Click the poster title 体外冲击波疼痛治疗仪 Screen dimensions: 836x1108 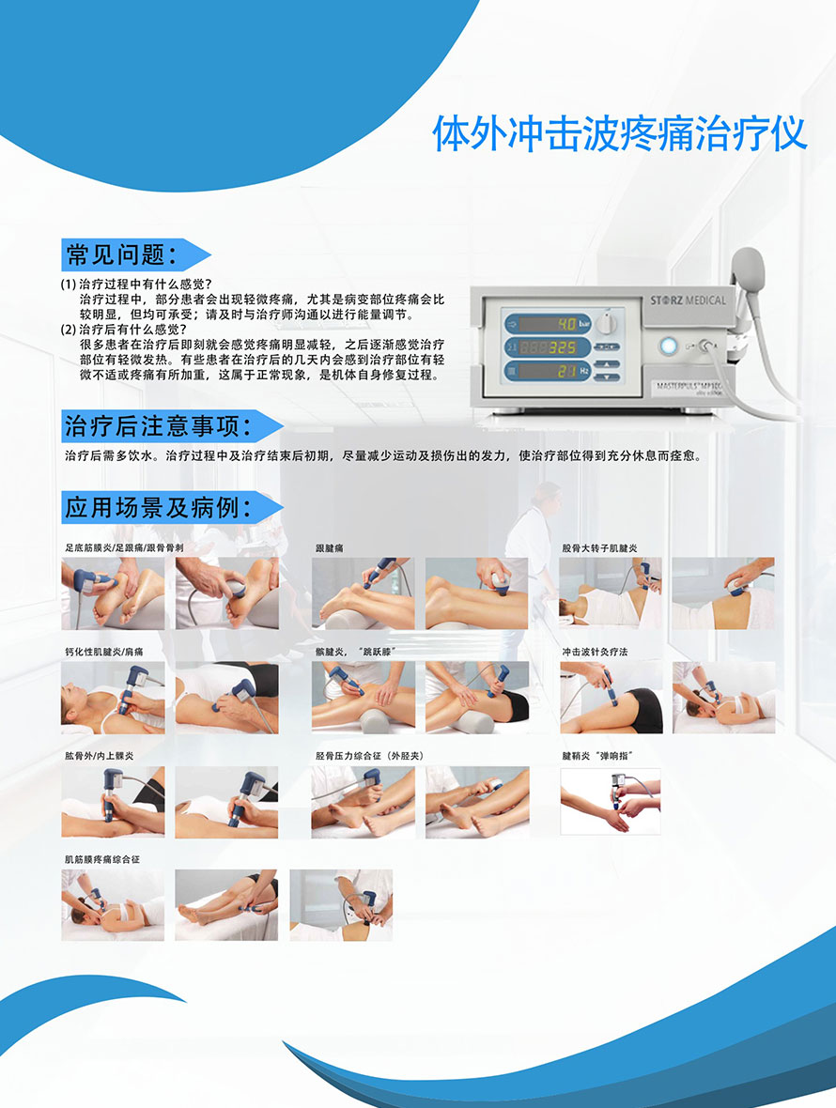click(x=619, y=132)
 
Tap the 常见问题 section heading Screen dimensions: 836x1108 click(x=121, y=254)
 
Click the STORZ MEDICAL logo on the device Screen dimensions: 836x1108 click(x=688, y=300)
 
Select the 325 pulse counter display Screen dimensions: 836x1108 click(x=548, y=347)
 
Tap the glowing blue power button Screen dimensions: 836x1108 click(x=668, y=346)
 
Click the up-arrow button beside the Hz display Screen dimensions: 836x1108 click(x=606, y=365)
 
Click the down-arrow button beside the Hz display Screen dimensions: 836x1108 click(x=606, y=377)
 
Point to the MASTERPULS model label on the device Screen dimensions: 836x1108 click(x=689, y=387)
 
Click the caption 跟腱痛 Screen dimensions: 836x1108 click(x=330, y=547)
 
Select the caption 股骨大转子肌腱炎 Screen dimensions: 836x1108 click(x=599, y=547)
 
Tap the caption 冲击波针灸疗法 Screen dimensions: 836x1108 click(x=595, y=652)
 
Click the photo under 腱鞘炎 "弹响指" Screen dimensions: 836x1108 click(x=611, y=801)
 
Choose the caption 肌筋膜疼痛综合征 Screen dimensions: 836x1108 click(x=102, y=859)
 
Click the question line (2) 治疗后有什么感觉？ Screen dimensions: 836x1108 click(x=124, y=330)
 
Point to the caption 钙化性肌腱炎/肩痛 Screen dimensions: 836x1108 click(x=104, y=652)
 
